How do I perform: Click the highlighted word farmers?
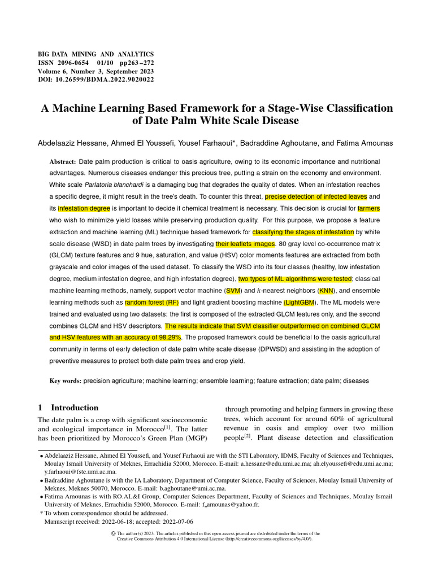click(368, 208)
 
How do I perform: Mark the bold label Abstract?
click(63, 161)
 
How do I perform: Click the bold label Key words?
click(65, 381)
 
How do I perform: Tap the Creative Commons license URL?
click(270, 539)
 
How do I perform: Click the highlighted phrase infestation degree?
click(84, 208)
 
